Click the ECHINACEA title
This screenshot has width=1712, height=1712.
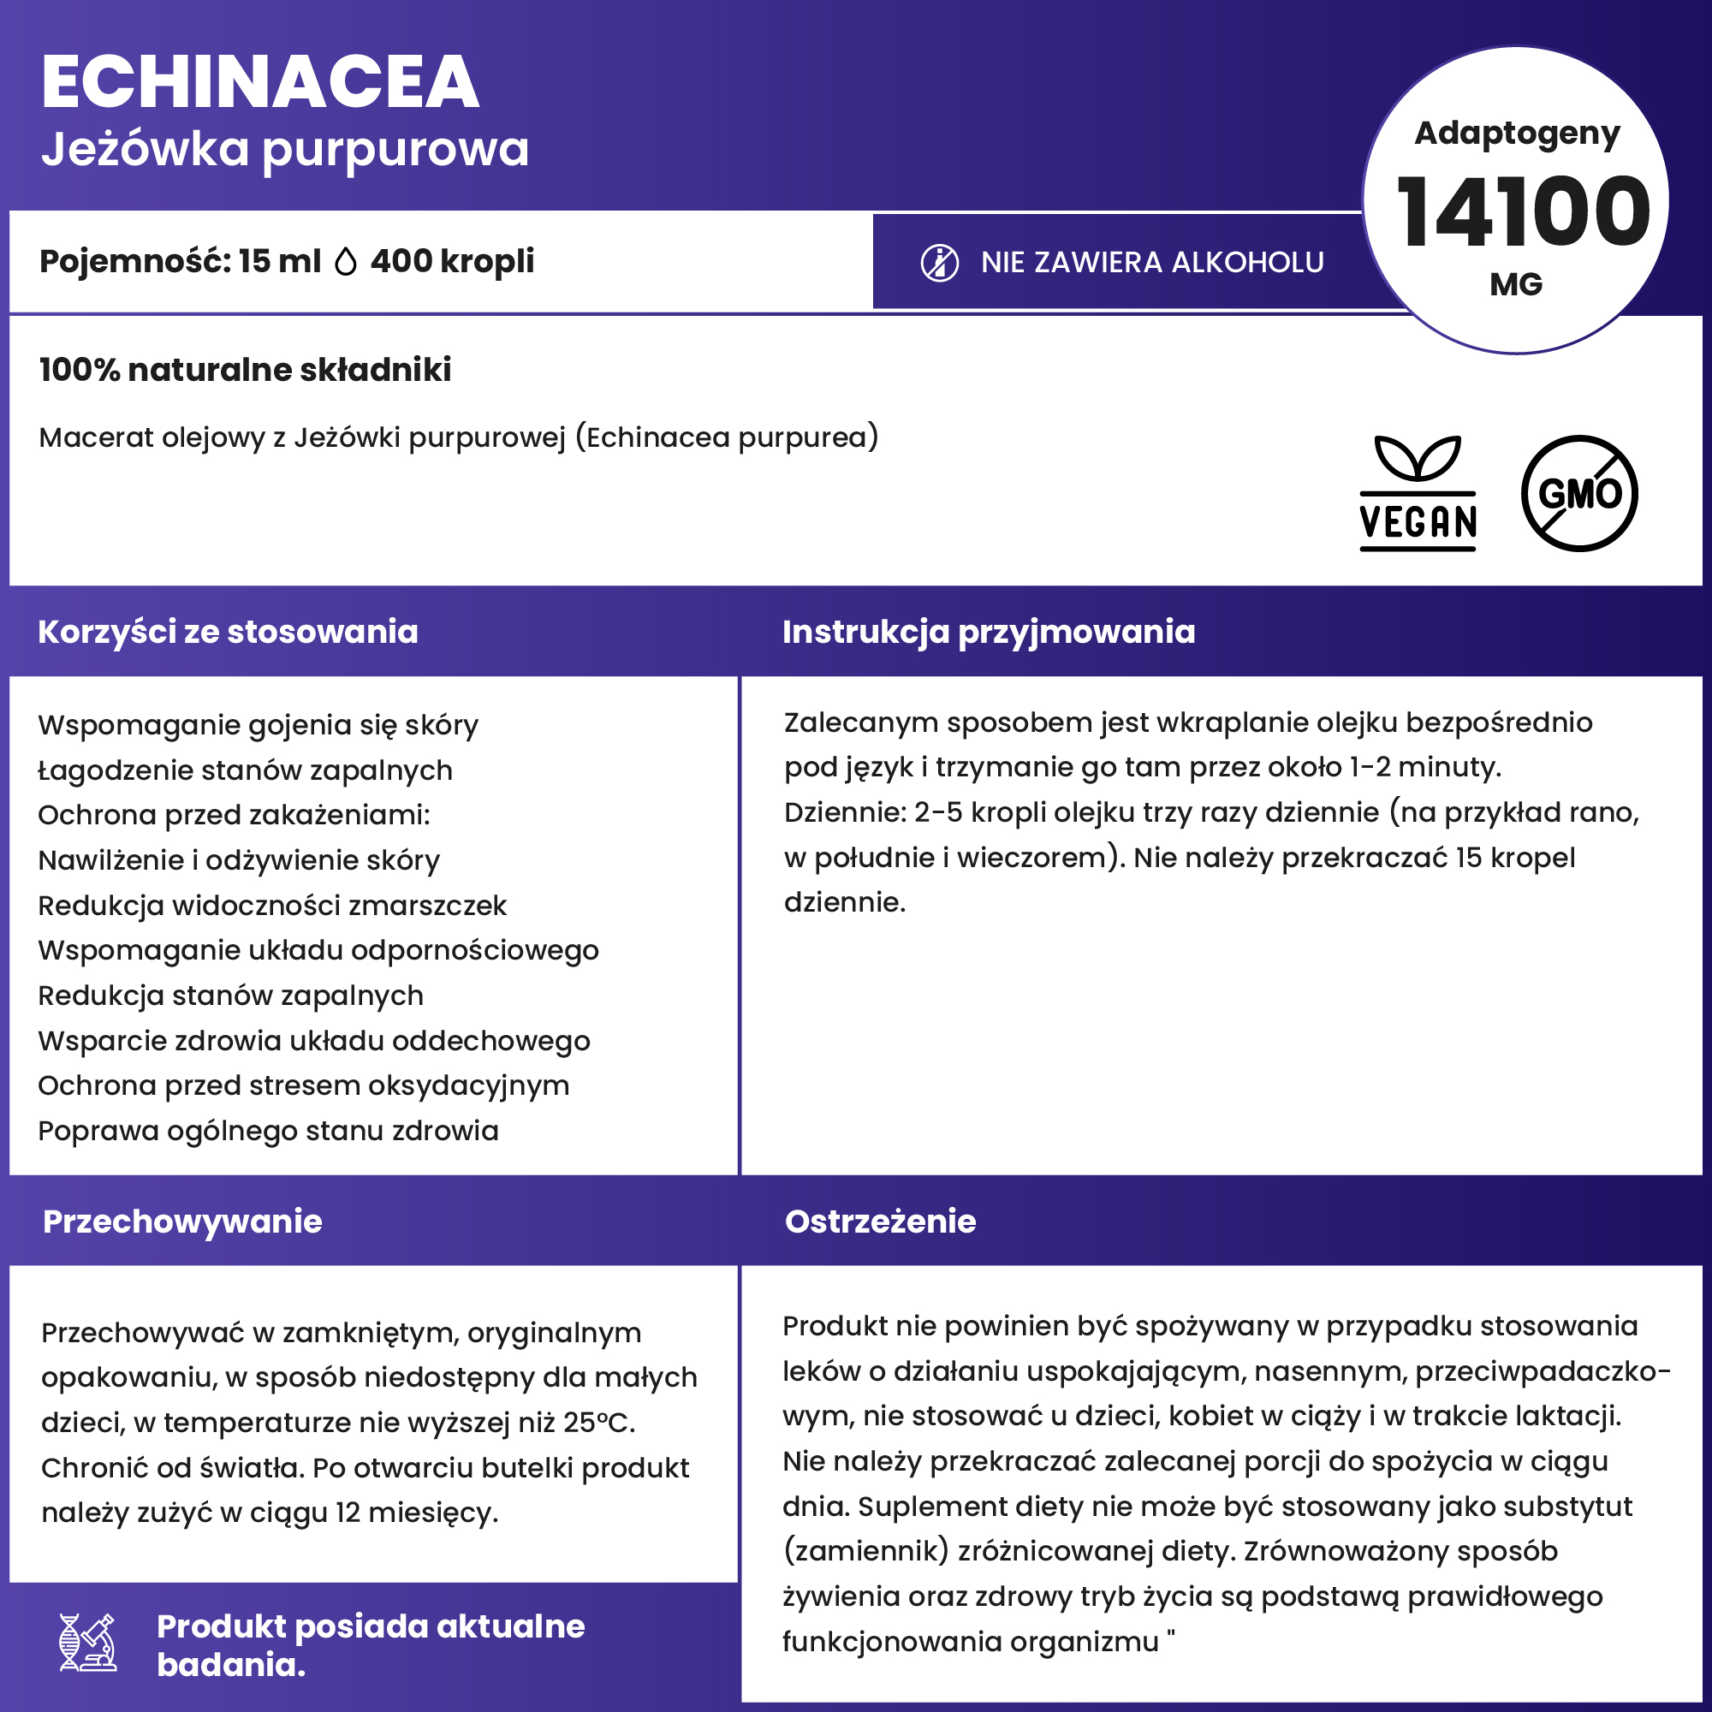259,82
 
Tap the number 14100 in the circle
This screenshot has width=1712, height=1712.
1522,212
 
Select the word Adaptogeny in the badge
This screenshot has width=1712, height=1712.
1517,133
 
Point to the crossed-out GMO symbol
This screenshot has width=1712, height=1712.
1579,494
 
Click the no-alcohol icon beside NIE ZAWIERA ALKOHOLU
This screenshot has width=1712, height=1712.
939,263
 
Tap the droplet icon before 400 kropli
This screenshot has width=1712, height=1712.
346,262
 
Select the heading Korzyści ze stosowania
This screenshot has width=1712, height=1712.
228,632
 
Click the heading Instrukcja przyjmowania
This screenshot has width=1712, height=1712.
988,632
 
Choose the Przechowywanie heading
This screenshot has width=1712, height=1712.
182,1222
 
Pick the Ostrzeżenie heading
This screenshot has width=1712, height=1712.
880,1222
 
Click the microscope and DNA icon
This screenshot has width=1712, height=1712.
87,1642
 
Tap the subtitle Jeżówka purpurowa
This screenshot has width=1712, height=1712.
284,149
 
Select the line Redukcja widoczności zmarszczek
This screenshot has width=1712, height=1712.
272,906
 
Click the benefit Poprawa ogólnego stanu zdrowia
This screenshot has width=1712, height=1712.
268,1131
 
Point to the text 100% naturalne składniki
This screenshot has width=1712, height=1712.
245,370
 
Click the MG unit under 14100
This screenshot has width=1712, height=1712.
1516,284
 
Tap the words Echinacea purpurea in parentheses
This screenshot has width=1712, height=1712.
726,437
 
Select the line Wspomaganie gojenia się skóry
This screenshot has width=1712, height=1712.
258,725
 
